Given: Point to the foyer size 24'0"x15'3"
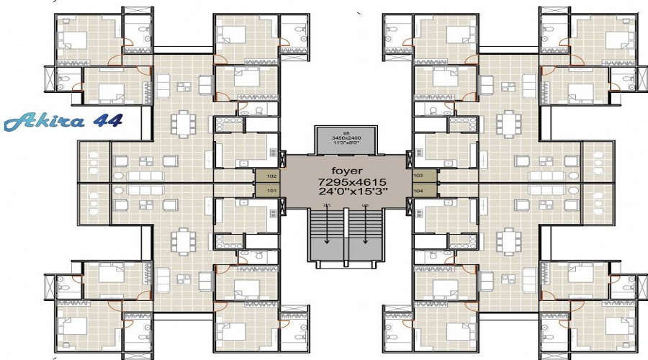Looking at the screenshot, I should pos(346,194).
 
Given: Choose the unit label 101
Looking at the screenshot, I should pos(271,191).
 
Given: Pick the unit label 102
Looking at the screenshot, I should pos(271,176).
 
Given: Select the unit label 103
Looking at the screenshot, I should pos(418,176).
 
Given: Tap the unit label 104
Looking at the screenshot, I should pos(418,191).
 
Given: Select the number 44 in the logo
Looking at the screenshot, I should pos(106,120).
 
